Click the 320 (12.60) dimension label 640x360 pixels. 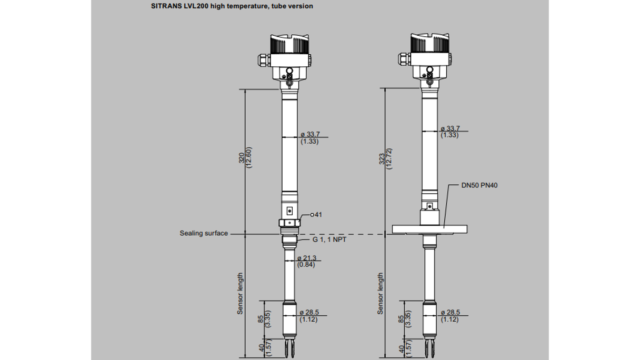point(246,157)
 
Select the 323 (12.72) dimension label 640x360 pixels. point(386,157)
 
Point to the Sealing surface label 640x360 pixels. point(204,233)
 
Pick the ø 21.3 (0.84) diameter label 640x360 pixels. point(306,261)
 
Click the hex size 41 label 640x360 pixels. point(317,215)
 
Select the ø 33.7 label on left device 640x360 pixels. point(310,137)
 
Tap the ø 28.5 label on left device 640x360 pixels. point(309,316)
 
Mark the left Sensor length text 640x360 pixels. point(240,293)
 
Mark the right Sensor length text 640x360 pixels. point(381,293)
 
